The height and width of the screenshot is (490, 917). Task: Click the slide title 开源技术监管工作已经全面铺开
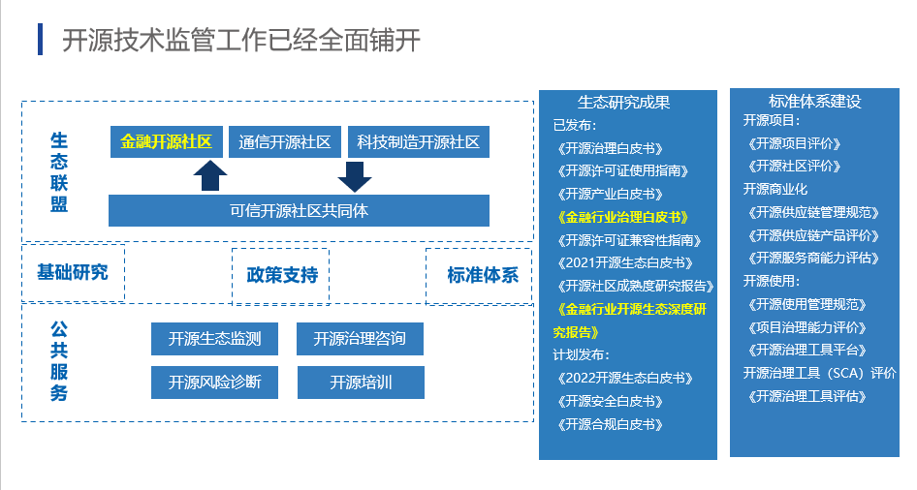point(240,41)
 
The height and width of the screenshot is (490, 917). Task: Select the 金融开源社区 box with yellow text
point(167,142)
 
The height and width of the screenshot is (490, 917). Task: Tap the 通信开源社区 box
point(284,142)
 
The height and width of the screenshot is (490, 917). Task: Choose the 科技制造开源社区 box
point(418,142)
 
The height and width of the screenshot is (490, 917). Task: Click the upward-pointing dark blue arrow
point(210,176)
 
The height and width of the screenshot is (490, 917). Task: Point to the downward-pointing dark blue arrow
point(355,176)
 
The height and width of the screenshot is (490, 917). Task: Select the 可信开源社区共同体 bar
point(299,210)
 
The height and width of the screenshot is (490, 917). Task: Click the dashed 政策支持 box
point(281,275)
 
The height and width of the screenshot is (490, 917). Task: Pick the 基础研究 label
point(73,272)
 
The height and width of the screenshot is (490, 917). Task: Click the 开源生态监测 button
point(214,339)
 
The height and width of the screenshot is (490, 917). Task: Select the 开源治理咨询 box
point(360,339)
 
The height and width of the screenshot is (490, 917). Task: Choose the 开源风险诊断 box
point(214,382)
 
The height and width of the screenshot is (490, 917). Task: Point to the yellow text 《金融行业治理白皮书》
point(623,216)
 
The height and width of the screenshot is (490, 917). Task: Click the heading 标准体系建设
point(814,102)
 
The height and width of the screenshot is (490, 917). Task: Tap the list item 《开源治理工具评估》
point(807,395)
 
